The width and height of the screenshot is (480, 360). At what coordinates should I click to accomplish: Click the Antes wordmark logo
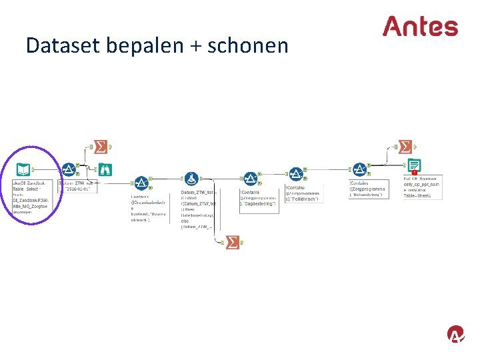[420, 27]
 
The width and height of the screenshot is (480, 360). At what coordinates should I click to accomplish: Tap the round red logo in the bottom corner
[456, 335]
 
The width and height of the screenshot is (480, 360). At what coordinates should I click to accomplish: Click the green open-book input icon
[24, 169]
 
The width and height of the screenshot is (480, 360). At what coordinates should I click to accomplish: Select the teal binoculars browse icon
[104, 169]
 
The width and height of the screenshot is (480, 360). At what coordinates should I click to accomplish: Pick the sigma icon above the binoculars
[101, 146]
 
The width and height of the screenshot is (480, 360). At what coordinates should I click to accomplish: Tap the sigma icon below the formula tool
[233, 243]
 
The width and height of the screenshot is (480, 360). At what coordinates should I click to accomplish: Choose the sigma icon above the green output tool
[405, 147]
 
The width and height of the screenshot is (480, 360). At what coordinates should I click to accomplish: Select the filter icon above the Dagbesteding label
[250, 179]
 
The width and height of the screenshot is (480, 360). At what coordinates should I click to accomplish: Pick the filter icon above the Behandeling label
[360, 169]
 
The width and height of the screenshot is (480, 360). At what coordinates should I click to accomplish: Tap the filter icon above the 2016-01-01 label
[69, 169]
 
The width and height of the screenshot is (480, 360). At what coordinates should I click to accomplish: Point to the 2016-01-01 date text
[78, 189]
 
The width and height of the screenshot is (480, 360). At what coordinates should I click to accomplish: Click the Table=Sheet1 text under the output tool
[417, 195]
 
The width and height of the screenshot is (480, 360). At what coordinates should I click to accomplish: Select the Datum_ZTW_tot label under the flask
[197, 193]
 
